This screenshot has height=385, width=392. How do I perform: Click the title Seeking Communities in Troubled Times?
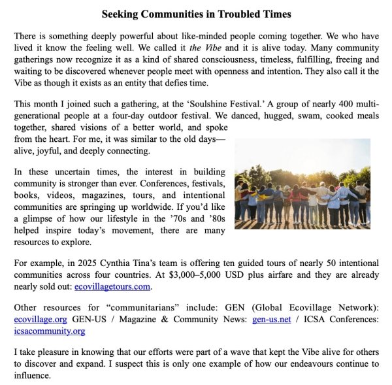[x=196, y=14]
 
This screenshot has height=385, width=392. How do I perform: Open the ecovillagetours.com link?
[x=113, y=286]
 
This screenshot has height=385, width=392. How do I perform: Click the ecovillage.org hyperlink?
[x=40, y=320]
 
